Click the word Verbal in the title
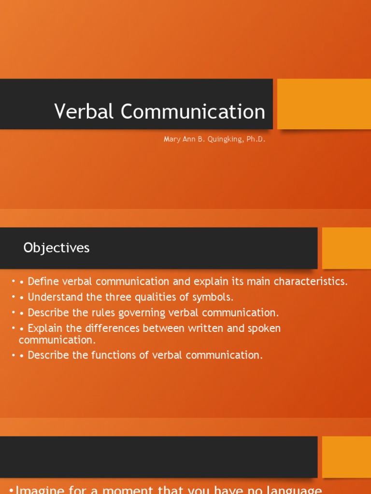85,112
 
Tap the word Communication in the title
193,112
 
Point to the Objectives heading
57,248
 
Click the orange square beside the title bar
324,104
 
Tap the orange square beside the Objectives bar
346,248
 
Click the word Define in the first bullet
43,282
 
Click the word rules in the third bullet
114,313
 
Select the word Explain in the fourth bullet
45,329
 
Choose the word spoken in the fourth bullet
264,329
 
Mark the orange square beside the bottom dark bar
346,457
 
